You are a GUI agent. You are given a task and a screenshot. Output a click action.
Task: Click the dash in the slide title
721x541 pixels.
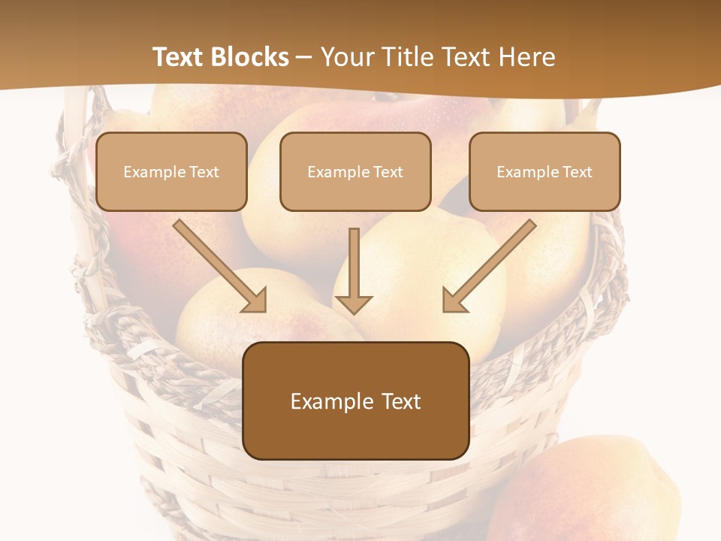pyautogui.click(x=304, y=58)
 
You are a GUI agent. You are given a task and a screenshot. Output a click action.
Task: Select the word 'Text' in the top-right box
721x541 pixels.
pyautogui.click(x=577, y=172)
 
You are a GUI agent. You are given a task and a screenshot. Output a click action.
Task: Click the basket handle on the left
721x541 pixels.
pyautogui.click(x=79, y=188)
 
